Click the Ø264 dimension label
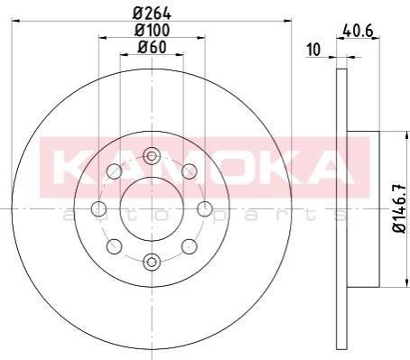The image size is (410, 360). pyautogui.click(x=152, y=13)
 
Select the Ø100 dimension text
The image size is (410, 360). pyautogui.click(x=153, y=30)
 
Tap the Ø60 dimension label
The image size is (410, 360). pyautogui.click(x=152, y=47)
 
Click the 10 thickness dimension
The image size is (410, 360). pyautogui.click(x=313, y=50)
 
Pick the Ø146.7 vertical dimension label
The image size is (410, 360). pyautogui.click(x=400, y=208)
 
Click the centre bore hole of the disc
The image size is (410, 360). pyautogui.click(x=152, y=208)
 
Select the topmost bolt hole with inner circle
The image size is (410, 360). pyautogui.click(x=152, y=156)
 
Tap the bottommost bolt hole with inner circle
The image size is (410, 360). pyautogui.click(x=152, y=262)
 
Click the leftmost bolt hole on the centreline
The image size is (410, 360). pyautogui.click(x=98, y=209)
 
